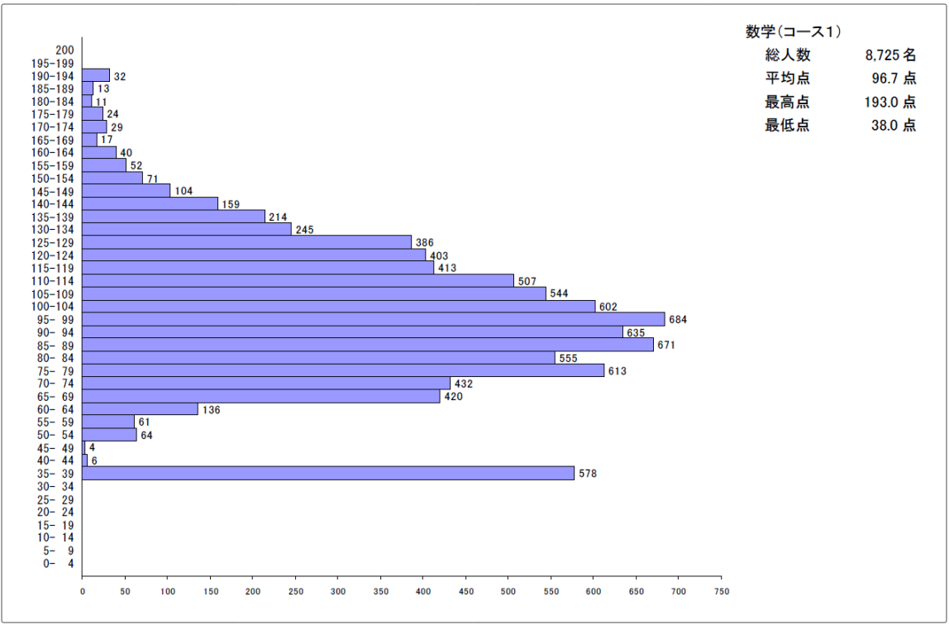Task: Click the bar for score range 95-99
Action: click(x=374, y=319)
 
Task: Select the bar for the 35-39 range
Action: click(x=328, y=473)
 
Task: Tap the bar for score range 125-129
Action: click(x=246, y=242)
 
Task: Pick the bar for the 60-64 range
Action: click(x=140, y=409)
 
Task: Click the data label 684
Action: click(x=678, y=320)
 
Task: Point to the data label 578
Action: click(x=588, y=474)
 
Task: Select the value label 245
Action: click(x=304, y=230)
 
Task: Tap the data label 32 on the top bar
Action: click(x=120, y=76)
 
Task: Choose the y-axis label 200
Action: click(x=65, y=50)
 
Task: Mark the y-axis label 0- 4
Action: click(x=58, y=564)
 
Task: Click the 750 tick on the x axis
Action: click(x=721, y=591)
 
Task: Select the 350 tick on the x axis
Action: click(x=380, y=591)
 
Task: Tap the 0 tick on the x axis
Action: click(x=83, y=591)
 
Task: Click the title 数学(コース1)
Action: click(x=793, y=32)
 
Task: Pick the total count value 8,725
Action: click(x=881, y=55)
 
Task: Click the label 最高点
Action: click(x=787, y=103)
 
